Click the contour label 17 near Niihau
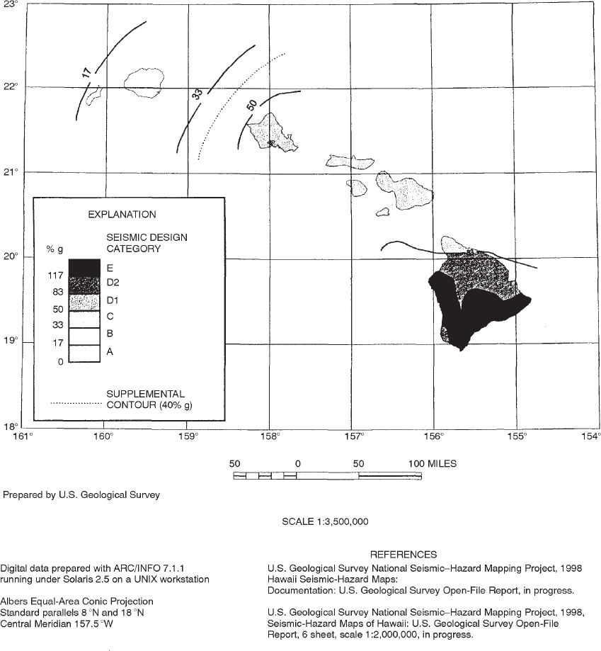(86, 72)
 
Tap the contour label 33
(198, 94)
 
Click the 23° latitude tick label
(11, 4)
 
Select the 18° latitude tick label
(11, 427)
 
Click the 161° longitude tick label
(24, 436)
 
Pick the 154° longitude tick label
(591, 436)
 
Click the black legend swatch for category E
(84, 268)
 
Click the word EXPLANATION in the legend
(122, 214)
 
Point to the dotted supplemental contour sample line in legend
(75, 404)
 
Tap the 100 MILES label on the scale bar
(432, 464)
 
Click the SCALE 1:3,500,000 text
(325, 521)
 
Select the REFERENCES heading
(403, 555)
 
